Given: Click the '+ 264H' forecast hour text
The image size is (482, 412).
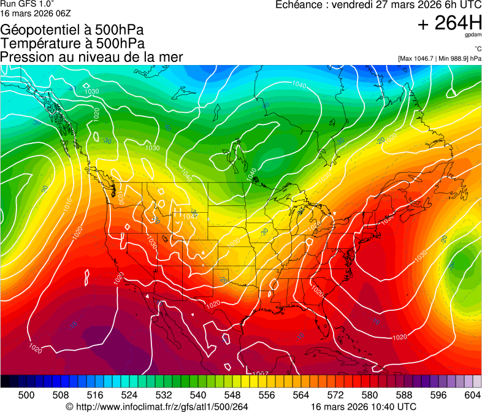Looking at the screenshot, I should tap(449, 23).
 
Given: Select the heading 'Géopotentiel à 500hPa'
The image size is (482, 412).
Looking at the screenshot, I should tap(72, 30).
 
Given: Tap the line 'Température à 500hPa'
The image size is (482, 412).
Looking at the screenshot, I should tap(72, 44).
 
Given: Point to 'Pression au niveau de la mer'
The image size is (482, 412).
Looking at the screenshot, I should tap(91, 57).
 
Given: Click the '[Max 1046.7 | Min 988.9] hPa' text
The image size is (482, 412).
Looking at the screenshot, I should tap(439, 58).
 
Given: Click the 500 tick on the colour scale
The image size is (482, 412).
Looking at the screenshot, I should tap(26, 395).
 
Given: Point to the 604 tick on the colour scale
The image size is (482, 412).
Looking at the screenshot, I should tap(473, 395).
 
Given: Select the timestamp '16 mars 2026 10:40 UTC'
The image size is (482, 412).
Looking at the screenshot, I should tap(364, 406).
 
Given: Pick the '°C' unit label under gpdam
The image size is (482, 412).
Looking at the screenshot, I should tap(476, 49).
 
